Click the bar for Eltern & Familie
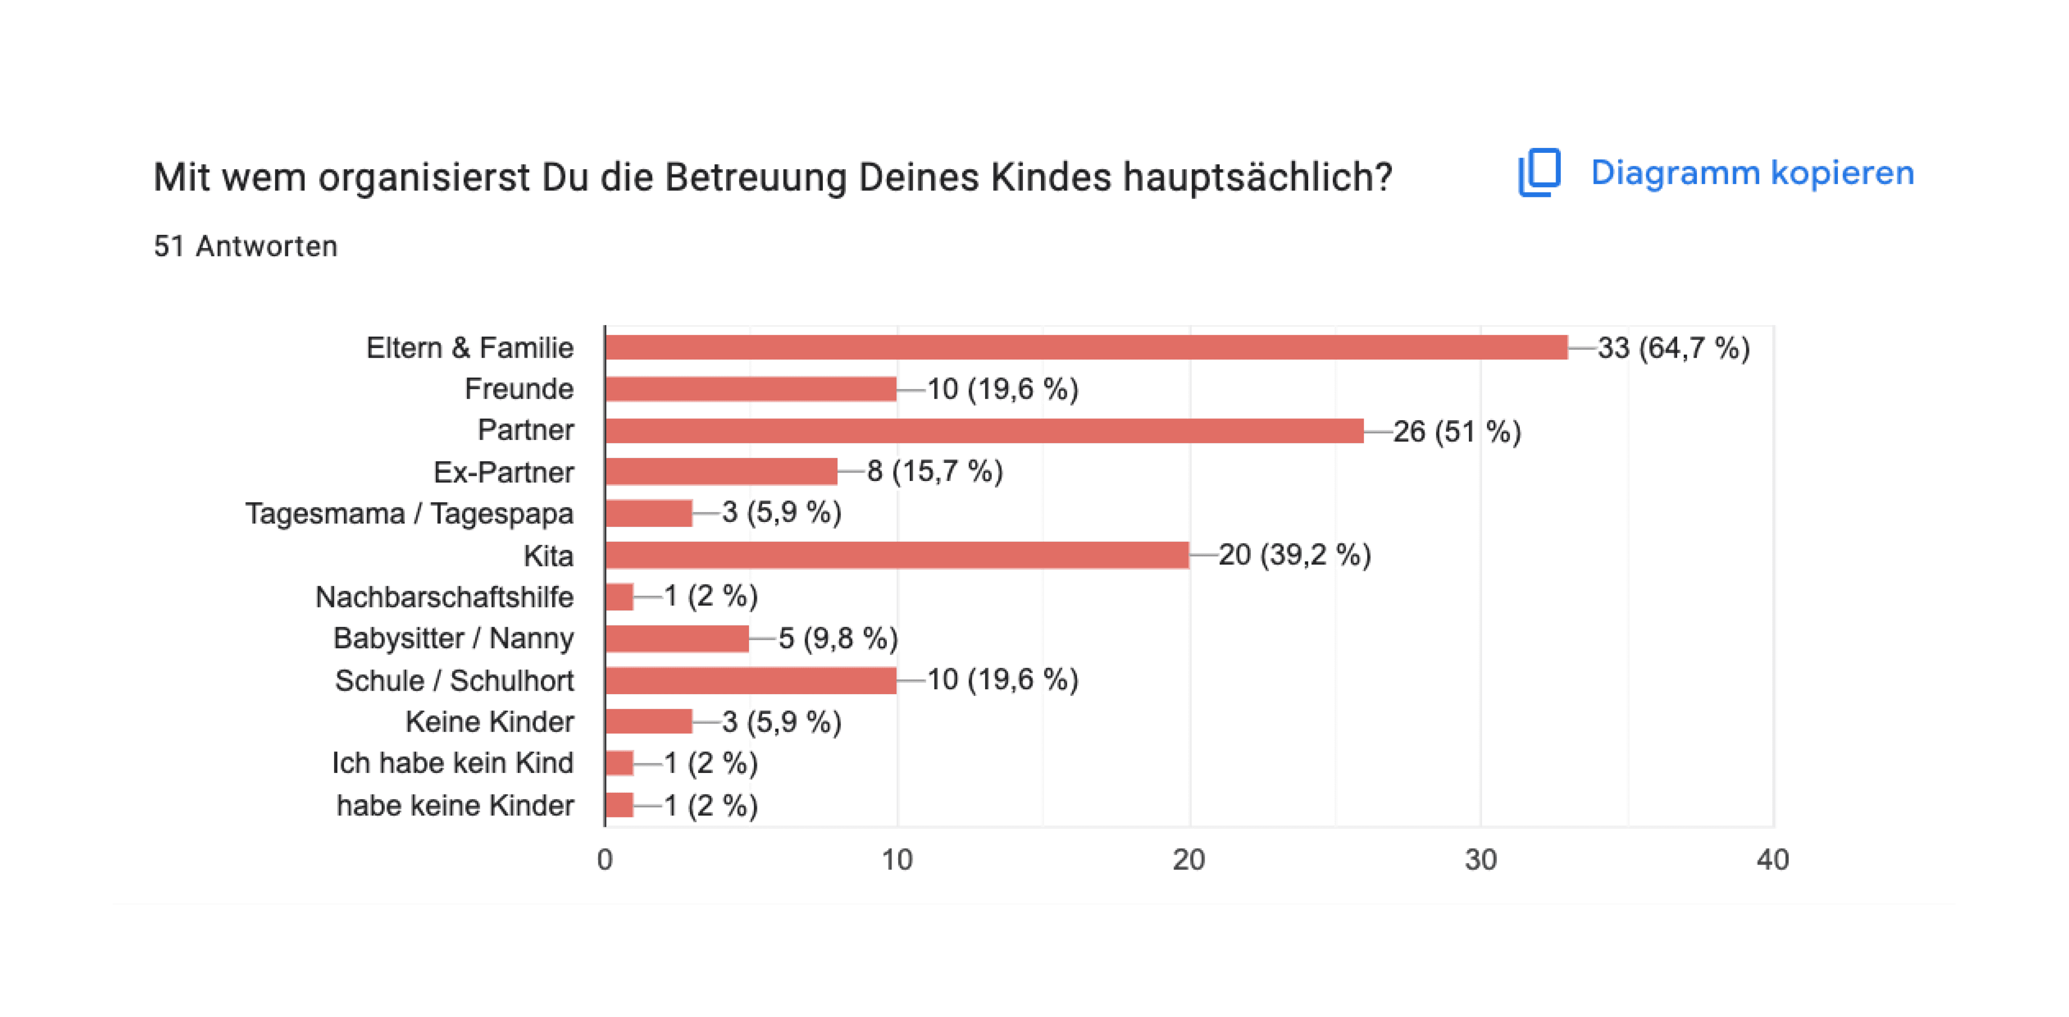1086,348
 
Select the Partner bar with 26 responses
984,431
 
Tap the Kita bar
896,555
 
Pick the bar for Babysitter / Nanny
677,639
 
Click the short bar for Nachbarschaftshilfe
619,597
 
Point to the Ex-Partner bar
721,472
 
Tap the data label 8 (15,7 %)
935,472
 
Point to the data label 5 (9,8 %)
838,639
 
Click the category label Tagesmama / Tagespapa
409,513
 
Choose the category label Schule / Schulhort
454,680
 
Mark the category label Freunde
519,389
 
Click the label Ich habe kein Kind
453,763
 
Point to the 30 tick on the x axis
1480,860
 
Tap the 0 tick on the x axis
605,860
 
